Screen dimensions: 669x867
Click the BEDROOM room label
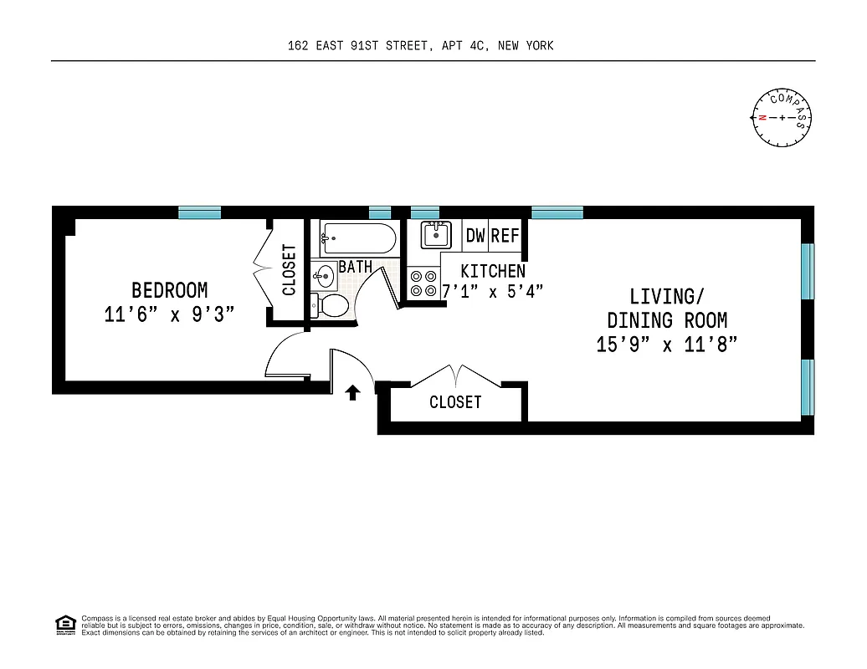click(x=169, y=290)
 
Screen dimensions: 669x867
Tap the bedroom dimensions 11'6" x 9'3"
click(x=169, y=315)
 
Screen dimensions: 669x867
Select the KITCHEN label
click(x=493, y=271)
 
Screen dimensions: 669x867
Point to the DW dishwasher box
click(x=475, y=236)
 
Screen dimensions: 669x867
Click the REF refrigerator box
click(x=505, y=236)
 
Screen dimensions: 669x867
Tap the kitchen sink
click(x=435, y=235)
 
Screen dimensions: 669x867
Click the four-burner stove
click(x=422, y=283)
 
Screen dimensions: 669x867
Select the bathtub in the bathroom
click(x=358, y=239)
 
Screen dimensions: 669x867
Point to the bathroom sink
click(x=325, y=273)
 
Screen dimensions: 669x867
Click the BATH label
click(x=356, y=268)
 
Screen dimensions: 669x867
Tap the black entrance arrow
click(x=353, y=392)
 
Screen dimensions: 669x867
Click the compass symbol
click(x=782, y=117)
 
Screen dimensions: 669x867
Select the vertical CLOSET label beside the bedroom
click(x=290, y=270)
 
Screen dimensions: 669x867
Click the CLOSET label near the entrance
click(x=455, y=402)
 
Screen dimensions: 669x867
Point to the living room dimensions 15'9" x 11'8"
click(x=666, y=345)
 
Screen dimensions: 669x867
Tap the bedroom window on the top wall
click(x=199, y=213)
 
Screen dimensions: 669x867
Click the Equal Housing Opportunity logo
click(x=64, y=624)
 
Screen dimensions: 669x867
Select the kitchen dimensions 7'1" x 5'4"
click(x=493, y=291)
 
